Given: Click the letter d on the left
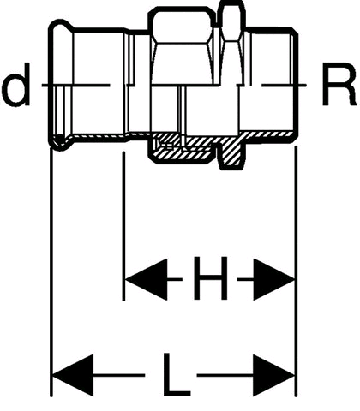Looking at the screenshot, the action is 17,85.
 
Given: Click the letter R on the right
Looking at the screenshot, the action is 339,85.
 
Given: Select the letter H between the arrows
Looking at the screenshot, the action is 211,278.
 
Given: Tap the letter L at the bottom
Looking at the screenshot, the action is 176,375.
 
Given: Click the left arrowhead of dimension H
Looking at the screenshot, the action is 147,279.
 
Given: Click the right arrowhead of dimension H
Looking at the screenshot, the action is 273,279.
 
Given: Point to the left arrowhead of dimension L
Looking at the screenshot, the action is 73,375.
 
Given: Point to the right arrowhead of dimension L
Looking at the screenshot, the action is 273,375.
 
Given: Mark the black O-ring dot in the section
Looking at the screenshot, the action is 59,139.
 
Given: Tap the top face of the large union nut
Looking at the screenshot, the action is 180,9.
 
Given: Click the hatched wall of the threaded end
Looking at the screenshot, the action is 270,134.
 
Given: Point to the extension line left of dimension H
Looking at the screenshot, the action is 123,225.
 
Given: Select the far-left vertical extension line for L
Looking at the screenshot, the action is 51,271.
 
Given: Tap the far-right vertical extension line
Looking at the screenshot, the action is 296,271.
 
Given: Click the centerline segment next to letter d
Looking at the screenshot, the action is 75,85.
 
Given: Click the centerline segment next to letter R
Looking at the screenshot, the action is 284,85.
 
